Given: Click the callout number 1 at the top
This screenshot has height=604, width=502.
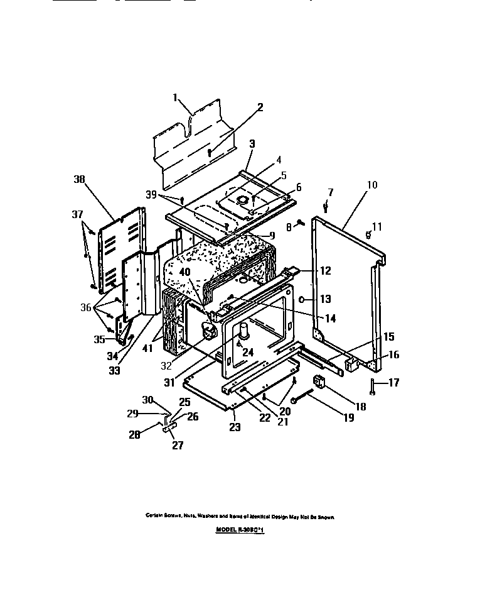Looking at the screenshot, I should pyautogui.click(x=176, y=98).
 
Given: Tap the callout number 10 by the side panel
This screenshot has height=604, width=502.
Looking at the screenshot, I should pyautogui.click(x=372, y=185).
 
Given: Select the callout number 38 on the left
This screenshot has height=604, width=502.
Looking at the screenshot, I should pyautogui.click(x=79, y=179).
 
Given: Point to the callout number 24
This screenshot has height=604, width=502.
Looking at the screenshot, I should pyautogui.click(x=248, y=353).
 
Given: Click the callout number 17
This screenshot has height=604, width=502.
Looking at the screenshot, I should pyautogui.click(x=393, y=382).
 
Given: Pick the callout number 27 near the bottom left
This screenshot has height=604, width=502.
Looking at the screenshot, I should pyautogui.click(x=178, y=445).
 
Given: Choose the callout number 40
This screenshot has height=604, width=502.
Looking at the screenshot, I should pyautogui.click(x=184, y=272).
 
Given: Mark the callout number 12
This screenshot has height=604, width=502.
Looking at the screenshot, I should pyautogui.click(x=325, y=271).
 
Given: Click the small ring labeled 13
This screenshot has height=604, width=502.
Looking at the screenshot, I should pyautogui.click(x=302, y=299).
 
